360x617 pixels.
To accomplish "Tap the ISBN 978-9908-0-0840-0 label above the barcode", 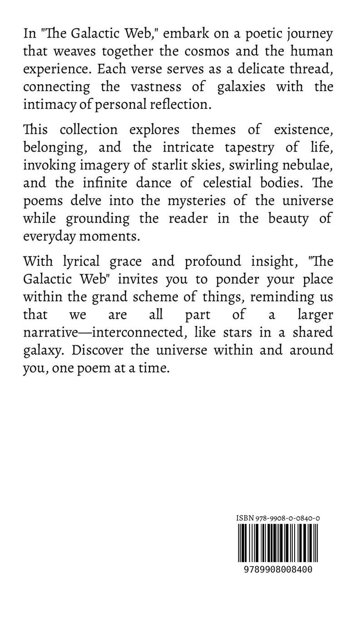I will tap(274, 519).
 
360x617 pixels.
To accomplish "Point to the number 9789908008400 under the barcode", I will tap(274, 568).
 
